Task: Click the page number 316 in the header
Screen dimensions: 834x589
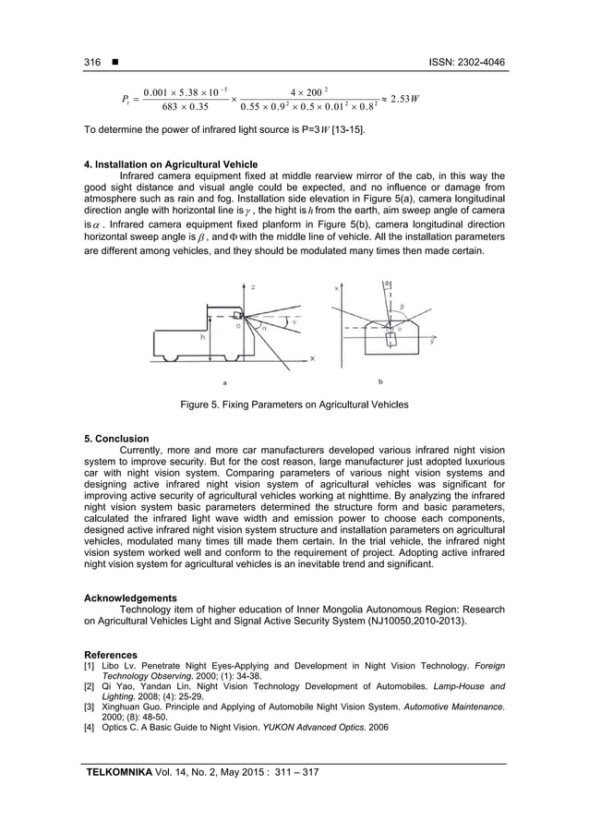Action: pyautogui.click(x=91, y=62)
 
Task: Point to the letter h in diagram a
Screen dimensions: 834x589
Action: pyautogui.click(x=201, y=337)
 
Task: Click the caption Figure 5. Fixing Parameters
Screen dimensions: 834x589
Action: pyautogui.click(x=294, y=405)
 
